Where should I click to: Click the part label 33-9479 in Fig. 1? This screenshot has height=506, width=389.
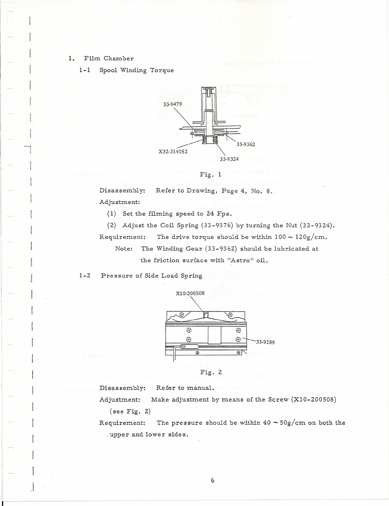pyautogui.click(x=173, y=104)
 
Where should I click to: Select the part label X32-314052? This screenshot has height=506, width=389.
pyautogui.click(x=173, y=151)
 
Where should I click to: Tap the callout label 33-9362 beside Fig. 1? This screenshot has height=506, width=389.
pyautogui.click(x=246, y=144)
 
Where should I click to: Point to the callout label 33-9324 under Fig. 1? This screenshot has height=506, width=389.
pyautogui.click(x=229, y=159)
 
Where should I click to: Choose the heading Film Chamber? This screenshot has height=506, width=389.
pyautogui.click(x=109, y=59)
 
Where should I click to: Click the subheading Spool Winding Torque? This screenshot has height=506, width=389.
pyautogui.click(x=137, y=70)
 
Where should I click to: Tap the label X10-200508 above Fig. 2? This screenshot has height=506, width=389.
pyautogui.click(x=190, y=293)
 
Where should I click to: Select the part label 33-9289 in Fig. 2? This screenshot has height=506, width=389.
pyautogui.click(x=265, y=342)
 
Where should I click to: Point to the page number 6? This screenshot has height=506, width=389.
pyautogui.click(x=213, y=480)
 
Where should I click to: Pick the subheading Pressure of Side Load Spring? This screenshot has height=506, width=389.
pyautogui.click(x=151, y=275)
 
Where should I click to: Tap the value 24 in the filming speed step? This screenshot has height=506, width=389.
pyautogui.click(x=210, y=214)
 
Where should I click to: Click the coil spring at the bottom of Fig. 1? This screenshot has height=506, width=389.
pyautogui.click(x=209, y=140)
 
